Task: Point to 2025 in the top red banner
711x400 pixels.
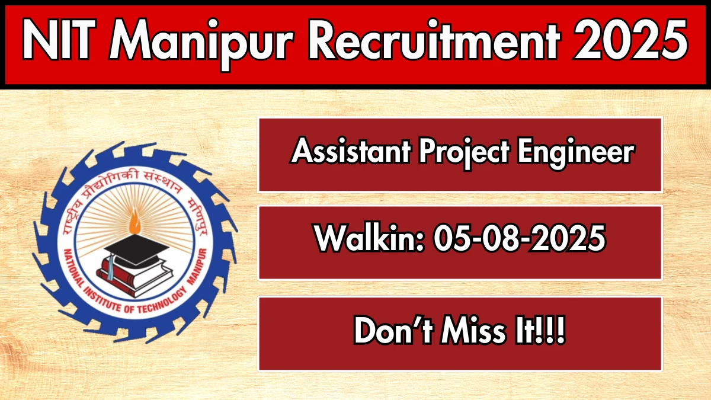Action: tap(630, 40)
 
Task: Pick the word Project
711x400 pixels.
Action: tap(464, 154)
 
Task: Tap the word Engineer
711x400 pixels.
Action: tap(576, 154)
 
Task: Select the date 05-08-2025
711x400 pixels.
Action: tap(520, 238)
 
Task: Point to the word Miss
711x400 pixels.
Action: tap(473, 330)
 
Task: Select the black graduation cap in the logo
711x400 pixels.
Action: tap(136, 250)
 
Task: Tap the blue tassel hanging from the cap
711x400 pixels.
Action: tap(110, 268)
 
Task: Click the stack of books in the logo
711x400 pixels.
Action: tap(135, 276)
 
